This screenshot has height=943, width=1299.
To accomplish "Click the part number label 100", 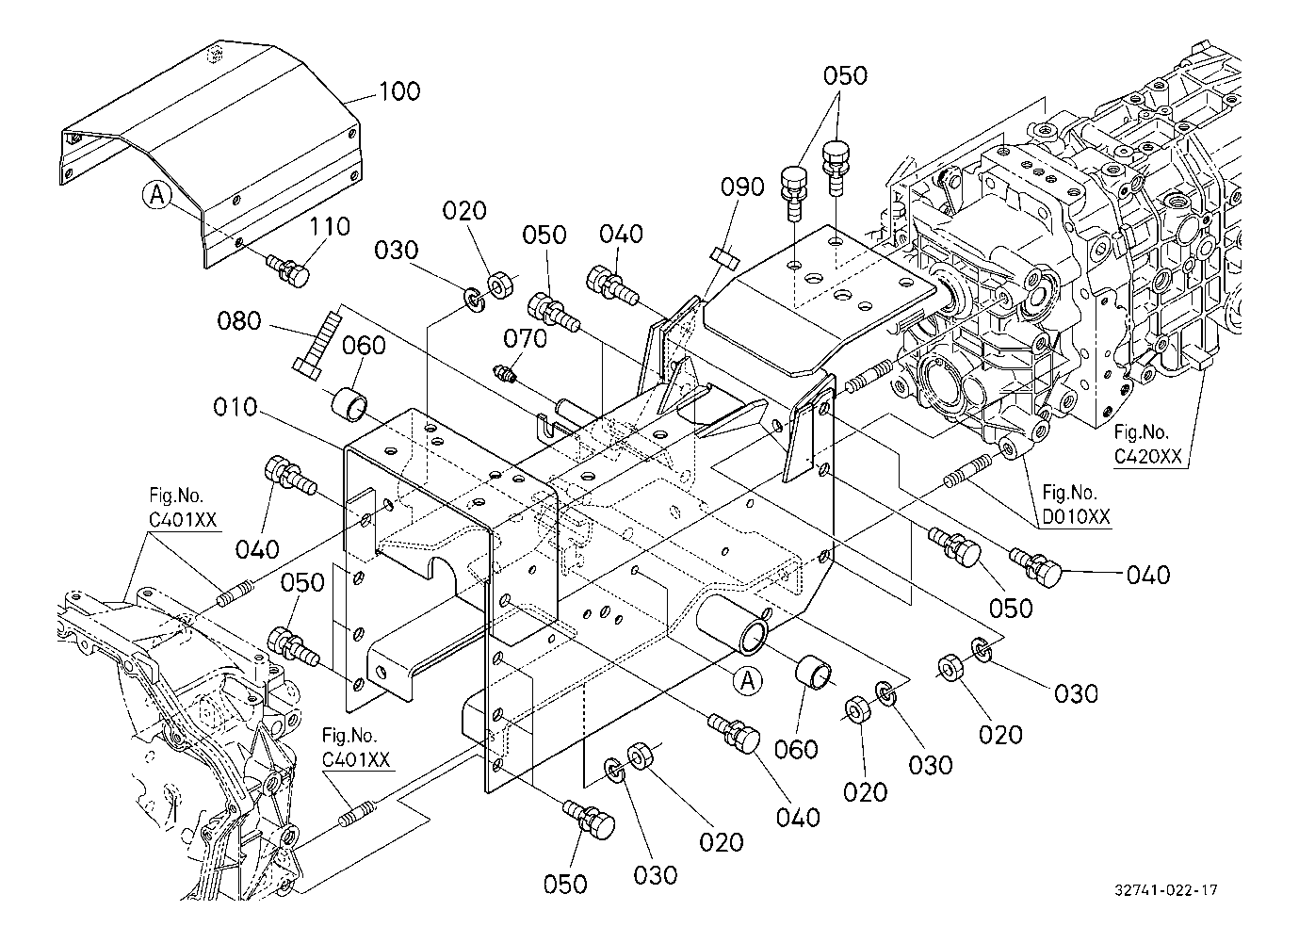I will (x=399, y=91).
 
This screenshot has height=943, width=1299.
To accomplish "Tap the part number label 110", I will (x=330, y=227).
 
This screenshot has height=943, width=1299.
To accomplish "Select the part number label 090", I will (x=743, y=187).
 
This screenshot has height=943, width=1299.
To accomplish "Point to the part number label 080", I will (x=239, y=321).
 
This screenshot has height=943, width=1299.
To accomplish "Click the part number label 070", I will (x=525, y=338).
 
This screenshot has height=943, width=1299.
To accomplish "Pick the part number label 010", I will (x=235, y=407).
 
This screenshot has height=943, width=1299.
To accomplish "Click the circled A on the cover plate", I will (x=157, y=195).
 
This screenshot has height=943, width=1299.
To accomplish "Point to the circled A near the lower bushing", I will (x=747, y=681).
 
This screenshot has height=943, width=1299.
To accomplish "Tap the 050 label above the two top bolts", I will (x=845, y=76).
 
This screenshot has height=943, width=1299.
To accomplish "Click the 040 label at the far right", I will (x=1148, y=574).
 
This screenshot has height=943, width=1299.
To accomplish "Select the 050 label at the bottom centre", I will (x=565, y=884).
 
